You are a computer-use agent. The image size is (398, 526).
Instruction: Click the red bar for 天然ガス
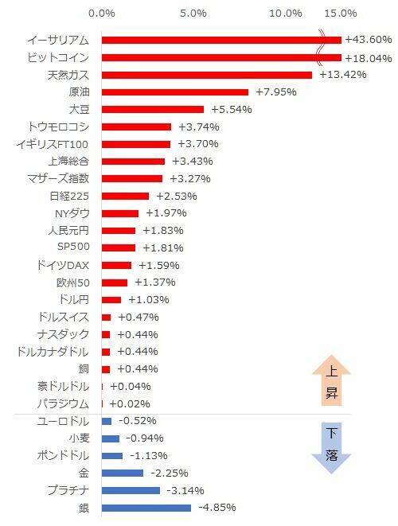[x=207, y=75]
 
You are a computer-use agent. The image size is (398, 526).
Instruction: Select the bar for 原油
[x=175, y=92]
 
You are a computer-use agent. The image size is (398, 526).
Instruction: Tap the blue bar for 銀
[x=146, y=508]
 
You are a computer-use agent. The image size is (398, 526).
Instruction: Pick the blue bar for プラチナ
[x=131, y=490]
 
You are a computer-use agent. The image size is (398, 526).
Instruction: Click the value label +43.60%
[x=368, y=40]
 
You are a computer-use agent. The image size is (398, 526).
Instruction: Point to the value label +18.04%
[x=368, y=57]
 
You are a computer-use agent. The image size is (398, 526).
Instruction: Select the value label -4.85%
[x=216, y=508]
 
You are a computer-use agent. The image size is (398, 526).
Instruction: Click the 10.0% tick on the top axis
[x=286, y=14]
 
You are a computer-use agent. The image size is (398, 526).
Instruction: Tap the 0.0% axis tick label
[x=102, y=14]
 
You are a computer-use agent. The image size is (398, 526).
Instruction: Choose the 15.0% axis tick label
[x=341, y=14]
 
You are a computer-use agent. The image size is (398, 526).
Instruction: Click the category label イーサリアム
[x=57, y=40]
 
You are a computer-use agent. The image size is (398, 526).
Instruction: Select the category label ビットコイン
[x=57, y=57]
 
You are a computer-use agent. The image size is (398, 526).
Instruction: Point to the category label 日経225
[x=69, y=196]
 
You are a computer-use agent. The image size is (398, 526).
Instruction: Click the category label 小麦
[x=78, y=438]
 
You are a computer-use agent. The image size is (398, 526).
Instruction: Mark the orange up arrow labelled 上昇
[x=331, y=383]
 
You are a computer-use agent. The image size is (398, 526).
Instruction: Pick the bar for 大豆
[x=153, y=109]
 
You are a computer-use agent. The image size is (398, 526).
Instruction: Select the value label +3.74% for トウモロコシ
[x=198, y=127]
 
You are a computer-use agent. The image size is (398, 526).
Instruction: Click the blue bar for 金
[x=123, y=473]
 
